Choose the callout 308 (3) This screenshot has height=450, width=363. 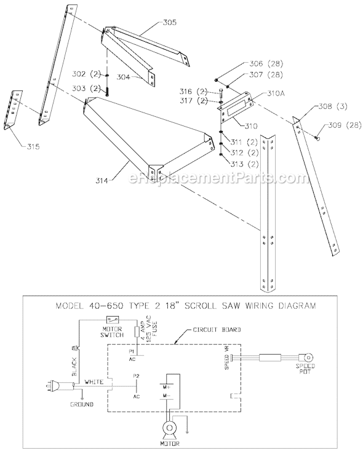pos(333,106)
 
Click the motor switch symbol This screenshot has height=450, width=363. pos(114,320)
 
